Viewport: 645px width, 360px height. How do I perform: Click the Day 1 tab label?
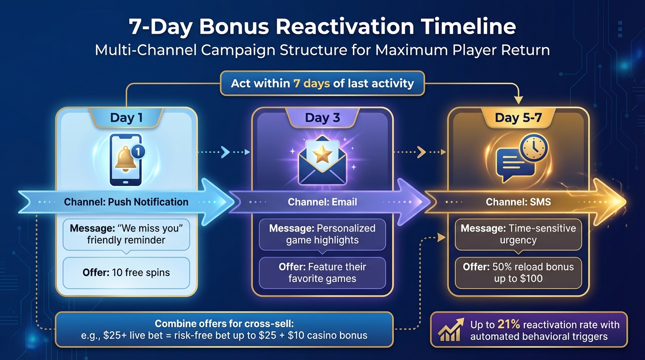pyautogui.click(x=126, y=117)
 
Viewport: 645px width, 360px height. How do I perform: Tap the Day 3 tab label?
pyautogui.click(x=322, y=117)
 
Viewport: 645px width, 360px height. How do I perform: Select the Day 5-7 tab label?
pyautogui.click(x=518, y=117)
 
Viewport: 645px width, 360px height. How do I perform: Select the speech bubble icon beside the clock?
pyautogui.click(x=512, y=165)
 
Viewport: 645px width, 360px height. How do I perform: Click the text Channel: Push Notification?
pyautogui.click(x=126, y=202)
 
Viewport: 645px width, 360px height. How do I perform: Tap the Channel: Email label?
pyautogui.click(x=322, y=202)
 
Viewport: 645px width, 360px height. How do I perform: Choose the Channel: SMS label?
pyautogui.click(x=518, y=202)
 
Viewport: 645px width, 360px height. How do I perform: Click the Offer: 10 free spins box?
pyautogui.click(x=126, y=273)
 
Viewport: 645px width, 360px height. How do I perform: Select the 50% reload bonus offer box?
pyautogui.click(x=518, y=272)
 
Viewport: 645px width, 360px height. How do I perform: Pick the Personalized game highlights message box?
pyautogui.click(x=322, y=234)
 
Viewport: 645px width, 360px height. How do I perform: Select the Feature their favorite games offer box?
pyautogui.click(x=322, y=273)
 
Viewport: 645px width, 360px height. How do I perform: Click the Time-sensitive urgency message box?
pyautogui.click(x=518, y=234)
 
